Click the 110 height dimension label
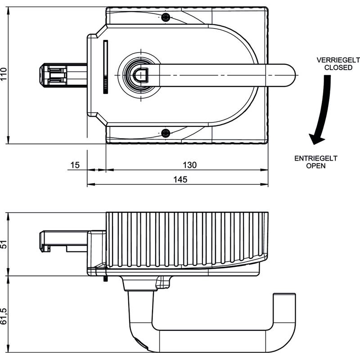click(x=4, y=74)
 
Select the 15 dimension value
click(x=75, y=165)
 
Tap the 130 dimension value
click(x=189, y=165)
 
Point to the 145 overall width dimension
click(x=180, y=179)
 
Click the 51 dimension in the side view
click(x=4, y=244)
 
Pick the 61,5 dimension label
click(x=4, y=316)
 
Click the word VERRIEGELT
click(x=338, y=60)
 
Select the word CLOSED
click(x=338, y=67)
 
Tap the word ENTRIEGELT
click(x=316, y=158)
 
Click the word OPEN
click(x=316, y=166)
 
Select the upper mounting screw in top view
click(x=166, y=17)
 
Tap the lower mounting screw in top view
click(x=166, y=133)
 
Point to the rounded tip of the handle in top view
click(x=290, y=75)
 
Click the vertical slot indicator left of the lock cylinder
click(x=106, y=67)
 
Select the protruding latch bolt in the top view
click(x=63, y=76)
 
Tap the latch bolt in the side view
click(x=63, y=241)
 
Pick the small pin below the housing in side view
click(x=105, y=279)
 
